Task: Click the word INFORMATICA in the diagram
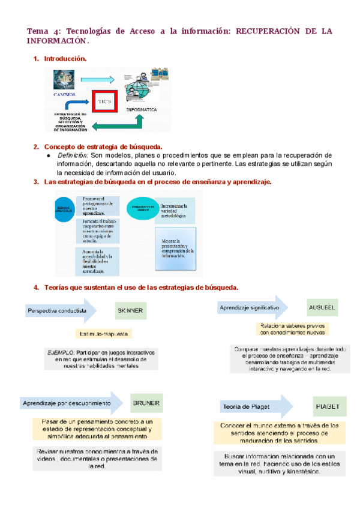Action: (142, 110)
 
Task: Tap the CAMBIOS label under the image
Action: (64, 94)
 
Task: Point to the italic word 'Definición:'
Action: (73, 155)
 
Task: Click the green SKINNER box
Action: (131, 311)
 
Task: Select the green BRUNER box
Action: (146, 403)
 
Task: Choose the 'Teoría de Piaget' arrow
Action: (254, 407)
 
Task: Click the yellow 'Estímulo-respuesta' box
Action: (103, 334)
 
